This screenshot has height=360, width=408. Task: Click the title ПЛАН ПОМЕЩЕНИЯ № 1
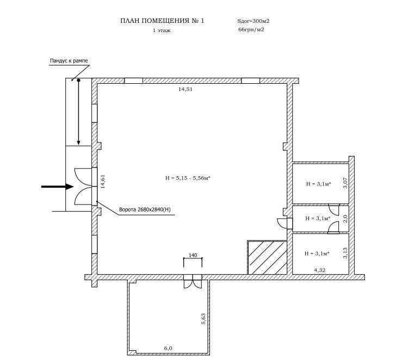click(x=162, y=21)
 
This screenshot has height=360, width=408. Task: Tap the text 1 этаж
click(x=162, y=30)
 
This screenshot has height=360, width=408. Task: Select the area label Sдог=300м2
click(x=253, y=21)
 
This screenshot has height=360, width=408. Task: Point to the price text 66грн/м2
click(x=251, y=29)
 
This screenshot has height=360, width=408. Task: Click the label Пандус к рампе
click(x=69, y=60)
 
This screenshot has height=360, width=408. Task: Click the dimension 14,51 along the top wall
click(x=186, y=89)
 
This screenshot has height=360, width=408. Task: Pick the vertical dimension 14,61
click(x=103, y=181)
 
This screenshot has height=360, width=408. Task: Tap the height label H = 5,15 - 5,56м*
click(x=188, y=178)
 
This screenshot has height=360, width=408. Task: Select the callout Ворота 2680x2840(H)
click(x=145, y=209)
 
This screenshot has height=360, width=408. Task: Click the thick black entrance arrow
click(x=57, y=187)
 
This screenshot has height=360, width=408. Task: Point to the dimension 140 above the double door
click(x=193, y=255)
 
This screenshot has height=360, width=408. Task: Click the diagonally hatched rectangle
click(x=267, y=257)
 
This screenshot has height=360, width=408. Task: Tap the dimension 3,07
click(x=345, y=183)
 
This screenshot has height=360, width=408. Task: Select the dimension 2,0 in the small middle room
click(x=345, y=219)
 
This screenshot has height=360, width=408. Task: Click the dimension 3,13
click(x=345, y=253)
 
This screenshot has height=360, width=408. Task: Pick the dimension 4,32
click(x=320, y=270)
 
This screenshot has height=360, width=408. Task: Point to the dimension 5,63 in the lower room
click(x=203, y=318)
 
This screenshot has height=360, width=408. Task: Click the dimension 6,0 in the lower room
click(x=168, y=348)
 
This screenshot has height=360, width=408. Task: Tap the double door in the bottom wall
click(x=193, y=281)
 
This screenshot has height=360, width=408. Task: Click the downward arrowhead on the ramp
click(x=78, y=142)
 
